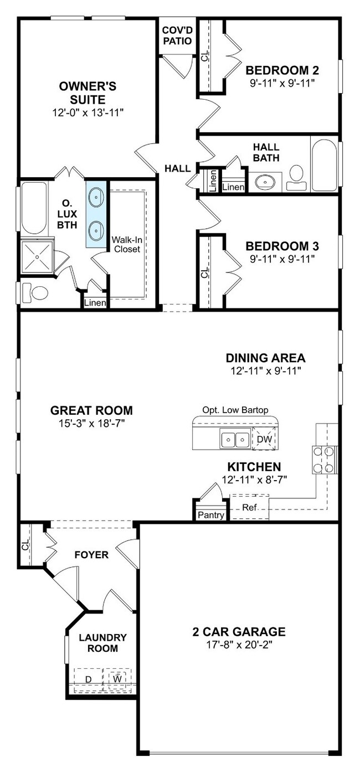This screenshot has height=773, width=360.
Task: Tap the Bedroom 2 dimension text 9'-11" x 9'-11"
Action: [x=282, y=83]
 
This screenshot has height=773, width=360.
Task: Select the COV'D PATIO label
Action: [x=177, y=35]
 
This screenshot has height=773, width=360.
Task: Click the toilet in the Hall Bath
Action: [x=296, y=177]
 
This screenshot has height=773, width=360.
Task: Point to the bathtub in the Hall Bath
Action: [x=324, y=164]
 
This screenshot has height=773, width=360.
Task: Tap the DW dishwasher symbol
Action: [x=265, y=439]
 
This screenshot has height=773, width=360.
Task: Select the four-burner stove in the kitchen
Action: [x=324, y=460]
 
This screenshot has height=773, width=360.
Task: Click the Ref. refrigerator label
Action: [x=250, y=507]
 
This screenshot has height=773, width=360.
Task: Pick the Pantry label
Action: [x=211, y=515]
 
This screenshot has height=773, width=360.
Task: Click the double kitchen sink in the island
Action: [x=235, y=439]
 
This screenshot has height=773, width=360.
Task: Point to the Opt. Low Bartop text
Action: [x=235, y=410]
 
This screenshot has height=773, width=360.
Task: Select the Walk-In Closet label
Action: [x=127, y=244]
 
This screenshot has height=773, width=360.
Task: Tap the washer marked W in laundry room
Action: [x=118, y=678]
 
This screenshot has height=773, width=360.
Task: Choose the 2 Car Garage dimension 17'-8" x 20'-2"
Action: [x=239, y=645]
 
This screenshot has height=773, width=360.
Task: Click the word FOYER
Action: [x=91, y=555]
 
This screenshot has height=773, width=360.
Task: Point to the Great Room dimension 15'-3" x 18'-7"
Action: [x=91, y=422]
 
